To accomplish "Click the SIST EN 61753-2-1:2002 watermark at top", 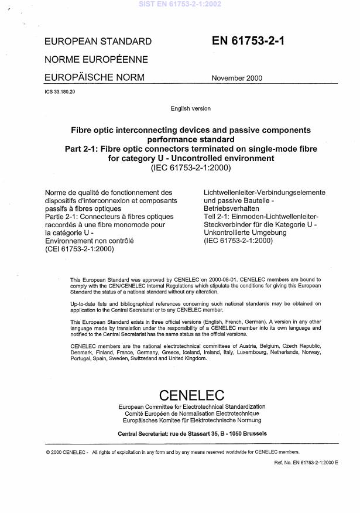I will [x=180, y=4].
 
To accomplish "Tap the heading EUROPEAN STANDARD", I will [x=98, y=42].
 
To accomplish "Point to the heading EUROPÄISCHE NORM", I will [x=94, y=77].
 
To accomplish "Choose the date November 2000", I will [x=236, y=78].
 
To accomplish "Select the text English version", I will [x=190, y=108].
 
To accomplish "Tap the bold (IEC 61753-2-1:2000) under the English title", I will [x=191, y=169].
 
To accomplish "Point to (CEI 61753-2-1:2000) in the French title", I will [x=79, y=248].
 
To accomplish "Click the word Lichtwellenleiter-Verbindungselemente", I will [x=264, y=193].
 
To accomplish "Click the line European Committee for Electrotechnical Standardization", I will [x=191, y=406].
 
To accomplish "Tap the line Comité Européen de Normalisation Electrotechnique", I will [x=191, y=413].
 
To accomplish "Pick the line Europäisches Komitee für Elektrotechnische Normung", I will [x=191, y=420].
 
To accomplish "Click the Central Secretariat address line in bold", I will [x=191, y=434].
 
